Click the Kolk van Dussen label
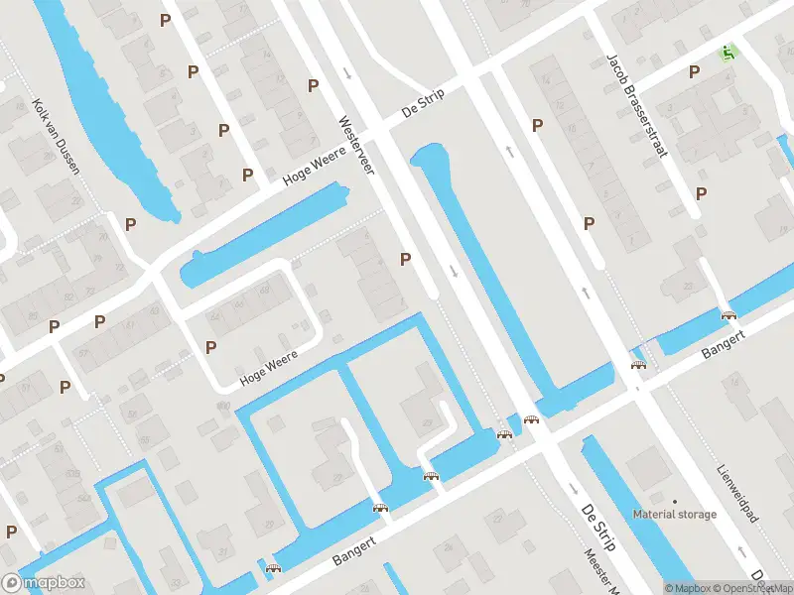[x=56, y=136]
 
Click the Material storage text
[x=675, y=515]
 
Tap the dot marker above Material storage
[x=675, y=501]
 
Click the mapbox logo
[x=44, y=583]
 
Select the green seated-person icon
[x=731, y=52]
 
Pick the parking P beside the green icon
[x=696, y=71]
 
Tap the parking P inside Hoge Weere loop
[x=211, y=347]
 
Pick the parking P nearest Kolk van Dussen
[x=130, y=224]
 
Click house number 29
[x=428, y=423]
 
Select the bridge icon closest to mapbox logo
[x=273, y=569]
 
